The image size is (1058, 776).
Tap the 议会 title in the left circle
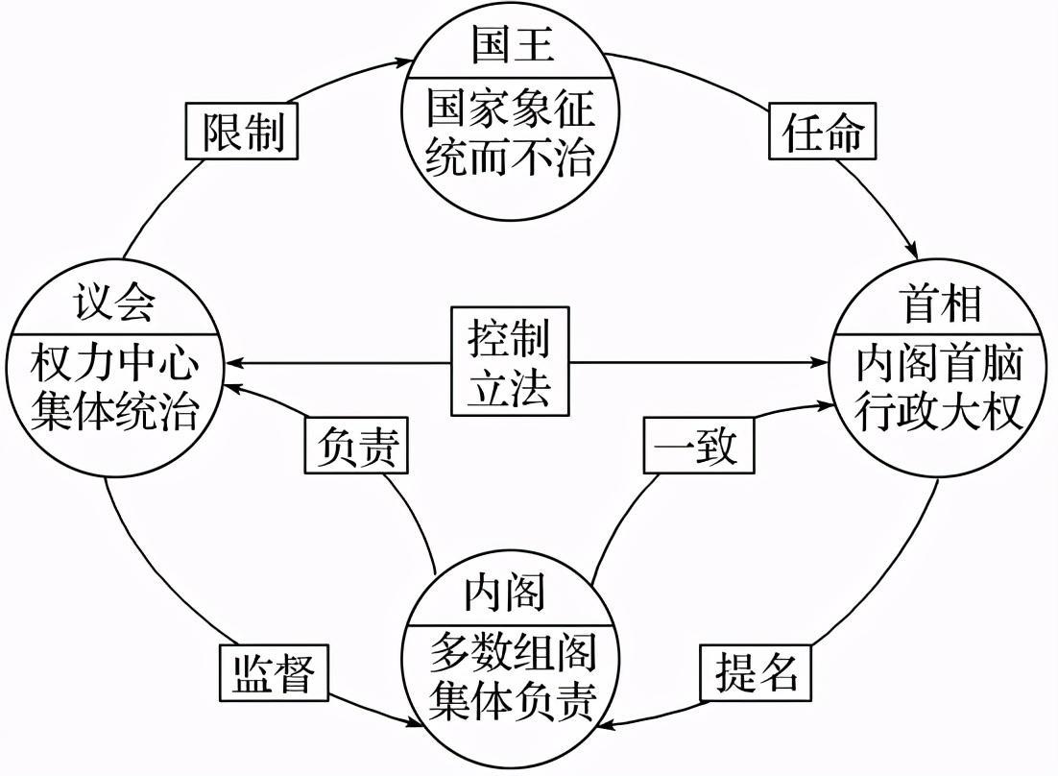click(x=114, y=304)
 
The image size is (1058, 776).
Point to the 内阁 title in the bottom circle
click(x=505, y=593)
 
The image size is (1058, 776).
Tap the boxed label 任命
click(x=824, y=133)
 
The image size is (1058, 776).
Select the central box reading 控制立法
click(x=510, y=361)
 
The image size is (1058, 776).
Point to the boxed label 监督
click(x=274, y=672)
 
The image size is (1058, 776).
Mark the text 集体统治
click(x=114, y=412)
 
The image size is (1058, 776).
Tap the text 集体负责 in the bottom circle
click(x=512, y=701)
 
